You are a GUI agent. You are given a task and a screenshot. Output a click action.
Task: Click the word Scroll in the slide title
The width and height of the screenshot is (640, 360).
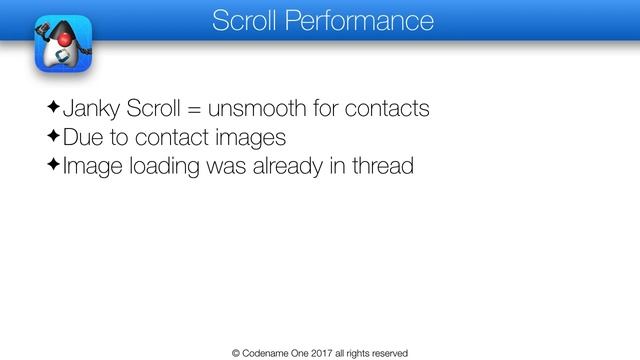coord(243,19)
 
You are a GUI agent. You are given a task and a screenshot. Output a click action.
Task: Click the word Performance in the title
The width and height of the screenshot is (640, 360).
coord(356,19)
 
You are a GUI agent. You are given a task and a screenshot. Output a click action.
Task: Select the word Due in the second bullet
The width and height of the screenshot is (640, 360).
coord(83,135)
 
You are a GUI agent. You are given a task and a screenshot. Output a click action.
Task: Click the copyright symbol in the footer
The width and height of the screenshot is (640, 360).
coord(236,352)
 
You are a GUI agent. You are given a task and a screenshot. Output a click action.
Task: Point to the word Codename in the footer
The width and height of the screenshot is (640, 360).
coord(268,352)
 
